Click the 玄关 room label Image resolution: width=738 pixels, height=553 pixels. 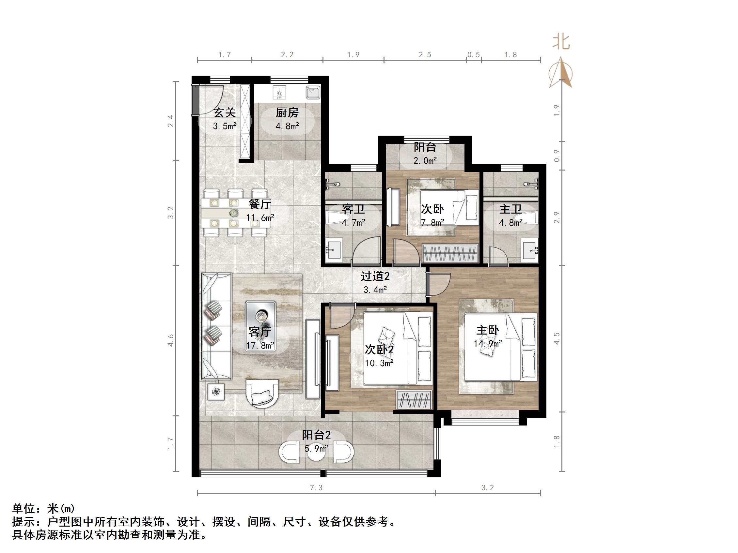pos(225,113)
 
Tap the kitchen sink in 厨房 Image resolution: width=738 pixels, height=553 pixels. pos(313,92)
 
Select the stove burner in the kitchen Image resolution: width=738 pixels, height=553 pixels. pos(279,92)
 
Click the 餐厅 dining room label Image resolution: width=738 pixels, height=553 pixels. pos(260,204)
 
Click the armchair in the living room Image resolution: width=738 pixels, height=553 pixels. pos(262,394)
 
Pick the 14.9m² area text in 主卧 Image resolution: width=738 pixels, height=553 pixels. pos(488,344)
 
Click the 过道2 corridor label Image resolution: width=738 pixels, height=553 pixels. pos(375,276)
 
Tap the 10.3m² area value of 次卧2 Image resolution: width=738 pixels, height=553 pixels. pos(379,363)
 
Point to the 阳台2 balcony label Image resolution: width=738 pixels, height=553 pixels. pos(316,435)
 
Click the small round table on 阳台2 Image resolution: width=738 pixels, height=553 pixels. pos(316,453)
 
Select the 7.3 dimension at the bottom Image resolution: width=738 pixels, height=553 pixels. pos(316,488)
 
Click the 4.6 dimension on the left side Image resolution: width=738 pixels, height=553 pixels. pos(170,340)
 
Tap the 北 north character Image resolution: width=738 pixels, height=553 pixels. pos(561,42)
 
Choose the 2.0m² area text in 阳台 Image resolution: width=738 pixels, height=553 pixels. pos(425,161)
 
